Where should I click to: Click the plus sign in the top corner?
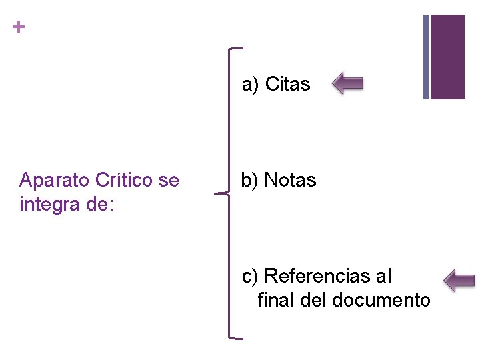(19, 27)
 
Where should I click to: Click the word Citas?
(287, 84)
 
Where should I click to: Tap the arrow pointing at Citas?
(347, 83)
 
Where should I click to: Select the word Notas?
(290, 180)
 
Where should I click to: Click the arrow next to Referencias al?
(459, 280)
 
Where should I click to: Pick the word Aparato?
(55, 181)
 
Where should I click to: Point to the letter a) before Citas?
(250, 85)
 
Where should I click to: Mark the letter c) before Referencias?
(250, 276)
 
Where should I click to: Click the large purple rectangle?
(447, 56)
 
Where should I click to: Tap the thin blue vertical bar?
(426, 56)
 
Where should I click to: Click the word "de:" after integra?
(101, 204)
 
